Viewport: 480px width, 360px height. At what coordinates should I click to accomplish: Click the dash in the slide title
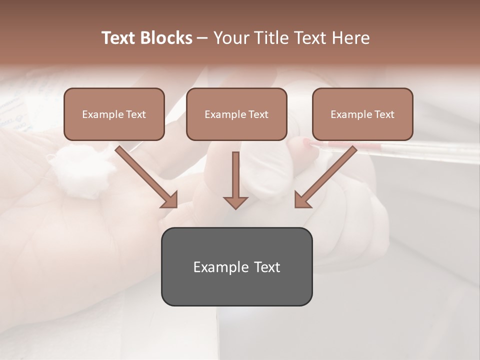coord(202,38)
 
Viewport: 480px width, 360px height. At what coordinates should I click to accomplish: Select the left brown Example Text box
coord(114,114)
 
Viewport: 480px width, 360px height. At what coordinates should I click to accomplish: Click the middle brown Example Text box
coord(236,114)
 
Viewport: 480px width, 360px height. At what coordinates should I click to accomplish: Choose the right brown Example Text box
coord(362,114)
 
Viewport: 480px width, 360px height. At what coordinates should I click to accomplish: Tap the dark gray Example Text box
coord(236,266)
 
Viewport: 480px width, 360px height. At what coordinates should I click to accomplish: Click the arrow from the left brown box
coord(145,175)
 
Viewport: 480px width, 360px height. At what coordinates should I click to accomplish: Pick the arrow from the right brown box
coord(327,175)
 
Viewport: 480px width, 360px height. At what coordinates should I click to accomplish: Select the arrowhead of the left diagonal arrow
coord(170,200)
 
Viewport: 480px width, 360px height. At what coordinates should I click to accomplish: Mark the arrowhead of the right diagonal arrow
coord(302,200)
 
